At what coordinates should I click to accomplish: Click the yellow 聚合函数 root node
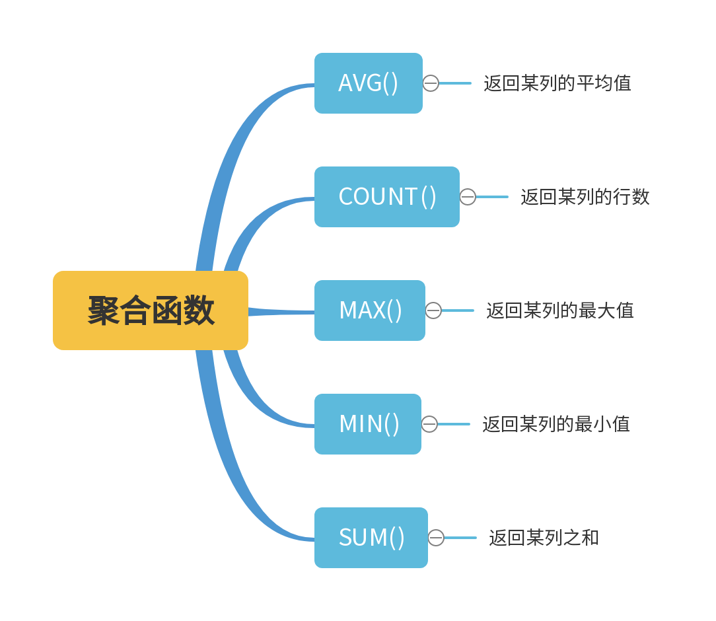[x=151, y=310]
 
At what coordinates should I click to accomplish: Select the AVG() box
[x=368, y=83]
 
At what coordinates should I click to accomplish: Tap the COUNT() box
[x=386, y=197]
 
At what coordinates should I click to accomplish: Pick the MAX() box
[x=369, y=310]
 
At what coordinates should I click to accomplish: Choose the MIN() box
[x=367, y=424]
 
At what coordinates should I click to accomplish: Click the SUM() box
[x=371, y=538]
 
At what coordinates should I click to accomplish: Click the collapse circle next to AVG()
[x=431, y=83]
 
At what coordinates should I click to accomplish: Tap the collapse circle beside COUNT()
[x=468, y=197]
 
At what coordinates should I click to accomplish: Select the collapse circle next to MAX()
[x=433, y=310]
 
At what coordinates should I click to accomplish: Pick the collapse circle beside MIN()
[x=429, y=424]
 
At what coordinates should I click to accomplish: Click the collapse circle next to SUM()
[x=436, y=538]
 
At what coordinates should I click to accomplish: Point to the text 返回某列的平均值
[x=557, y=83]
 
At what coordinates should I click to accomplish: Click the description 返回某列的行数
[x=585, y=197]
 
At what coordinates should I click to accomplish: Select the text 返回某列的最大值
[x=559, y=310]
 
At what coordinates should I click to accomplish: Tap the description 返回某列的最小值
[x=555, y=424]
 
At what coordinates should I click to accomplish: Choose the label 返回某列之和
[x=544, y=538]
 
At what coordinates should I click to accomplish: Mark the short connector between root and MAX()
[x=281, y=311]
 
